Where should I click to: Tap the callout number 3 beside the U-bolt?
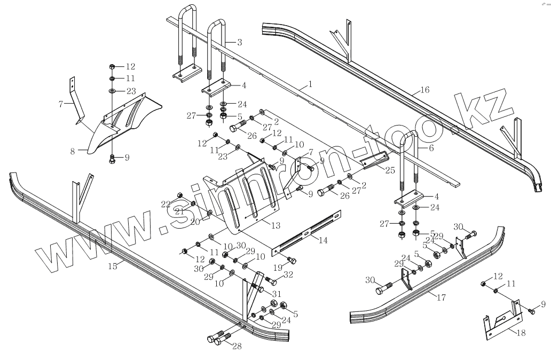pyautogui.click(x=240, y=42)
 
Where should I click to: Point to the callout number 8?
pyautogui.click(x=73, y=151)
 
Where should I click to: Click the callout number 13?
pyautogui.click(x=275, y=226)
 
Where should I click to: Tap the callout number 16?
pyautogui.click(x=424, y=91)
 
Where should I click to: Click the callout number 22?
pyautogui.click(x=166, y=204)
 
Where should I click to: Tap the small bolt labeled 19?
pyautogui.click(x=291, y=260)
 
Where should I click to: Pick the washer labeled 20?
pyautogui.click(x=209, y=214)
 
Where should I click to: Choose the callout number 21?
pyautogui.click(x=179, y=212)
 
